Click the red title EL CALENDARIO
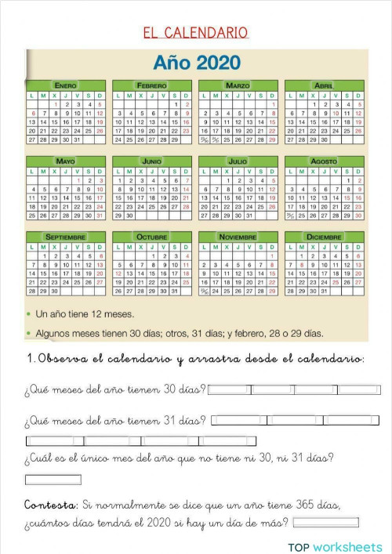pos(195,32)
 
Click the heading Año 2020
pos(197,61)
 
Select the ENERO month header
pos(66,84)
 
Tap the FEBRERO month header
pos(152,84)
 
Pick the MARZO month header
pos(238,84)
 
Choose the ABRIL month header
pos(324,84)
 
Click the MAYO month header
pos(66,161)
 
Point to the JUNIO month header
pos(152,161)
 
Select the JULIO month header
pos(238,161)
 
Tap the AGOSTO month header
pos(324,161)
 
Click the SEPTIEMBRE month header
pos(66,237)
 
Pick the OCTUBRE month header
pos(152,237)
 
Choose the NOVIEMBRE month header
pos(238,237)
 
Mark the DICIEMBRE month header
pos(324,237)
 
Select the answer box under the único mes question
pos(53,480)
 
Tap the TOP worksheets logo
pos(335,545)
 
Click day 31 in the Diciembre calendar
pos(324,291)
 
